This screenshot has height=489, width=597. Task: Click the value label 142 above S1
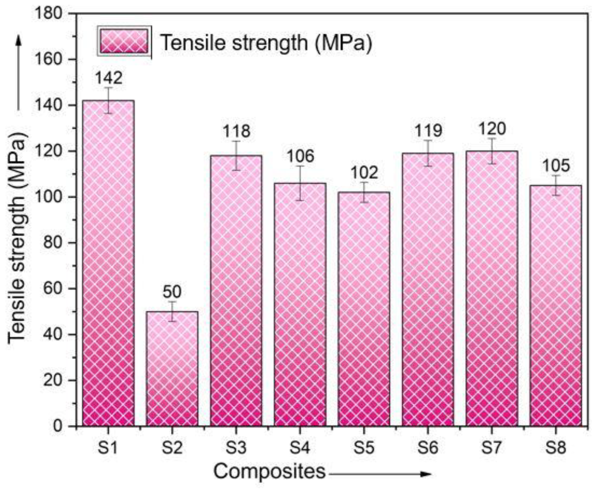(108, 78)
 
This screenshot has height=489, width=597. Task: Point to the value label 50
(172, 292)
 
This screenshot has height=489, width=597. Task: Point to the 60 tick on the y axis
(53, 289)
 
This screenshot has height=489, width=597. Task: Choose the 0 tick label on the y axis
(58, 426)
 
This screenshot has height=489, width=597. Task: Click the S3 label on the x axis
(236, 448)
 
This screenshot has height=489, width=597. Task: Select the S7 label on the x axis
(492, 448)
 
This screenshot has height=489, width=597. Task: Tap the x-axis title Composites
(269, 471)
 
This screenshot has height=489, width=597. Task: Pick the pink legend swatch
(124, 41)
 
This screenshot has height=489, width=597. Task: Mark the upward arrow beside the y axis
(19, 73)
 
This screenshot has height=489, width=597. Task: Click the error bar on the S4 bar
(300, 183)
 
